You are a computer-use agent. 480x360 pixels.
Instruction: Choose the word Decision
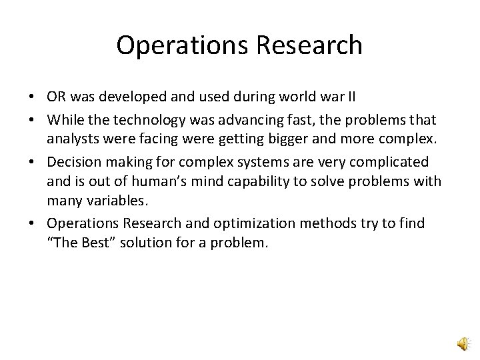pyautogui.click(x=74, y=163)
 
